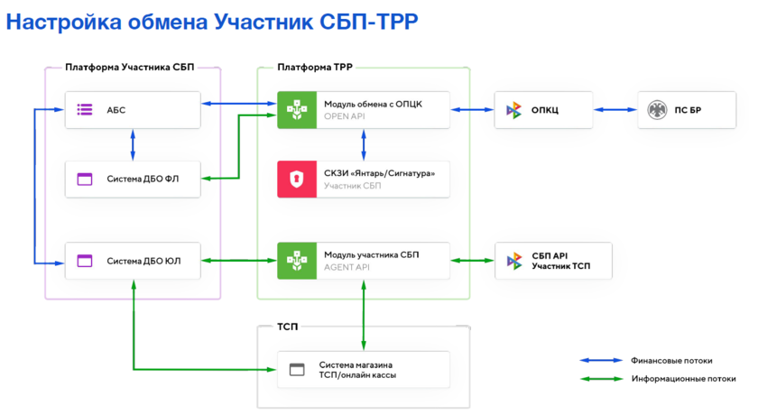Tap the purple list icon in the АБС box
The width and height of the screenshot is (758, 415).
(x=85, y=110)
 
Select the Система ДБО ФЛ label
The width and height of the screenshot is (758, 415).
(x=143, y=179)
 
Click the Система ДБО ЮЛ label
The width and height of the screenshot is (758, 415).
(x=143, y=261)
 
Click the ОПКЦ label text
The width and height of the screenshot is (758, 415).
(x=545, y=110)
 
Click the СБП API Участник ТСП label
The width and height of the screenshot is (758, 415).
(x=561, y=261)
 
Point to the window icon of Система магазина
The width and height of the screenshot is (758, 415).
(x=296, y=369)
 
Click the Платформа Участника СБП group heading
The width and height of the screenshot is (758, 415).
(x=129, y=67)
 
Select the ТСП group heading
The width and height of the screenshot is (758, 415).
(x=289, y=327)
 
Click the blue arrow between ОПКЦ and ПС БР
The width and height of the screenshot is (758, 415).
(x=615, y=110)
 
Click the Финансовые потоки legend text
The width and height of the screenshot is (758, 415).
(x=671, y=360)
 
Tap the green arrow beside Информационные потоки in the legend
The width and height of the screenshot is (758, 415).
(x=602, y=379)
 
